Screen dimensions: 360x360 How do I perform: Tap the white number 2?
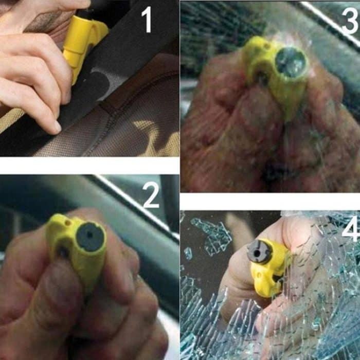click(x=151, y=196)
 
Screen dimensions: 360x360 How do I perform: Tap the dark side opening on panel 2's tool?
click(x=63, y=251)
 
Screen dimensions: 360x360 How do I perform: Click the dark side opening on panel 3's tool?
click(x=262, y=77)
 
